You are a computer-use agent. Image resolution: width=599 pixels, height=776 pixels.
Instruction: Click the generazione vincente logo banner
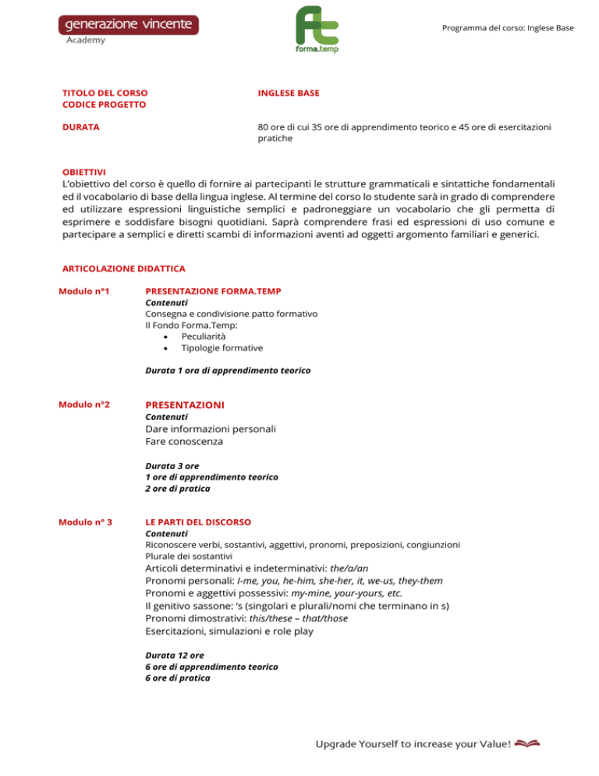tap(129, 24)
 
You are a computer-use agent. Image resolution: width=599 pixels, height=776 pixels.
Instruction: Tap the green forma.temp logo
tap(317, 29)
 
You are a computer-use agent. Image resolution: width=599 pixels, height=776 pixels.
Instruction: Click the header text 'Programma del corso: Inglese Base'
tap(507, 28)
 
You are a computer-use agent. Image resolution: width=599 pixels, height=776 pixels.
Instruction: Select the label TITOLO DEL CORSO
tap(105, 92)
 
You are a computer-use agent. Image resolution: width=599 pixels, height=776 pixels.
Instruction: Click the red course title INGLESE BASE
tap(288, 92)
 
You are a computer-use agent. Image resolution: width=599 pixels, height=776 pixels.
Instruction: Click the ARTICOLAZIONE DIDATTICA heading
tap(123, 268)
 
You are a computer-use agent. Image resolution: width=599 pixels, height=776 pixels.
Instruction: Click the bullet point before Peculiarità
tap(166, 336)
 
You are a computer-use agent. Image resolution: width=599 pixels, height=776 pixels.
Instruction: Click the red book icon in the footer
tap(527, 743)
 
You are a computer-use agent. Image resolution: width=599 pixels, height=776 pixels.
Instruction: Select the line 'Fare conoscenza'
tap(184, 442)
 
